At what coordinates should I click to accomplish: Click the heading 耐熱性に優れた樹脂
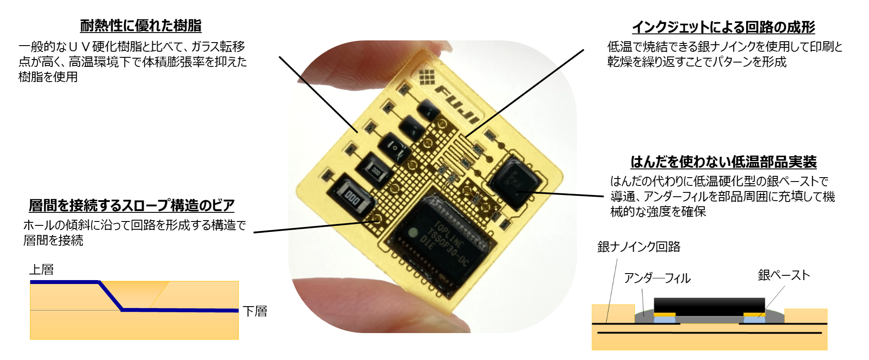coord(141,26)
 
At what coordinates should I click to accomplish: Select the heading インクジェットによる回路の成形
coord(723,27)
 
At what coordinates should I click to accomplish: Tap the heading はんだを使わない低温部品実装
coord(723,162)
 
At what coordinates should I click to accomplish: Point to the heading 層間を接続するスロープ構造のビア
coord(132,205)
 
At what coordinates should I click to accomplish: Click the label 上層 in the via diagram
coord(42,270)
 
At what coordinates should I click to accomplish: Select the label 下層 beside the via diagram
coord(255,311)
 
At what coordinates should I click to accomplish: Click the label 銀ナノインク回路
coord(639,247)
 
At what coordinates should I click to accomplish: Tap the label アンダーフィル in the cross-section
coord(657,278)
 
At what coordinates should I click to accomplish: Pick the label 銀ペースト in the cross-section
coord(784,275)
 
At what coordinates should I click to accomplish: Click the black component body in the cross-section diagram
coord(709,307)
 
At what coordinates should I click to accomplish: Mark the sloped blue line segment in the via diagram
coord(111,296)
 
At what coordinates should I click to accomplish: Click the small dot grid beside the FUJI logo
coord(427,76)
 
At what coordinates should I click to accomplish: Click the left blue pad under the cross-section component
coord(665,320)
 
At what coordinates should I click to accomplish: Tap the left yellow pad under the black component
coord(665,314)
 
